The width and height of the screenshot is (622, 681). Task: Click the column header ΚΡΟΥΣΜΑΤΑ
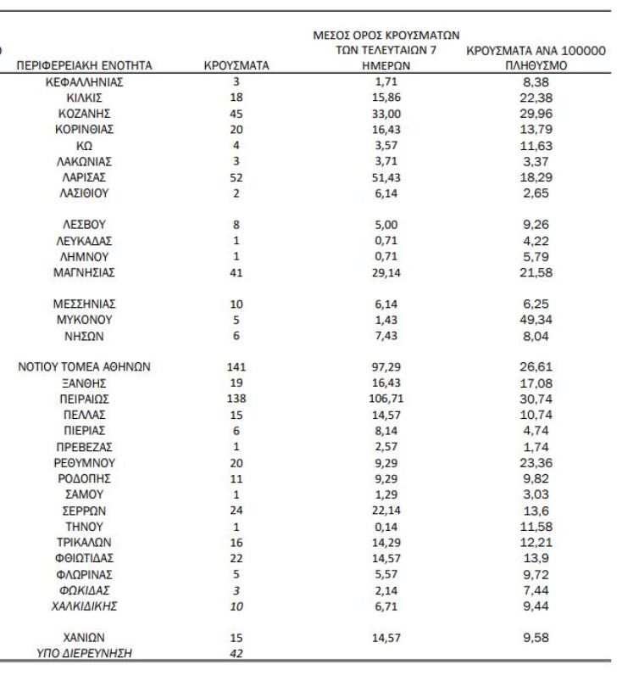click(x=236, y=65)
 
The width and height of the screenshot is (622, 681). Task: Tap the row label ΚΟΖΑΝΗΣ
click(x=85, y=114)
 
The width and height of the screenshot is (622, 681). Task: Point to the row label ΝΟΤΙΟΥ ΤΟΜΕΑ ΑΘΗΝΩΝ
click(x=85, y=367)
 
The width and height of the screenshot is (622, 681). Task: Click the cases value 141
click(x=236, y=367)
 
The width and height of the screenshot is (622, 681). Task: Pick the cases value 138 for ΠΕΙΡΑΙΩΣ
click(x=236, y=399)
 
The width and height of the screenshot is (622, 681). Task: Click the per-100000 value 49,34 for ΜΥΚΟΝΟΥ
click(x=536, y=320)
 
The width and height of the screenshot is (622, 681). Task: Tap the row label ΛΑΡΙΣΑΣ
click(x=85, y=177)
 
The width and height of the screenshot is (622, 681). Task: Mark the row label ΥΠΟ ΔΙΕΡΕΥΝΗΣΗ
click(x=85, y=653)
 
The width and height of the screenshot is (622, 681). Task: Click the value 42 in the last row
click(x=236, y=653)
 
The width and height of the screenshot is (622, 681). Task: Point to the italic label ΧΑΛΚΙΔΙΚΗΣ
click(x=85, y=606)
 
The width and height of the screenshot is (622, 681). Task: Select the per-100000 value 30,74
click(x=536, y=399)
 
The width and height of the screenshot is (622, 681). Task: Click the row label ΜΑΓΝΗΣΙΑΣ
click(x=85, y=272)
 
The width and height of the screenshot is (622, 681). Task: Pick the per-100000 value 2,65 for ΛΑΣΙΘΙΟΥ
click(x=536, y=193)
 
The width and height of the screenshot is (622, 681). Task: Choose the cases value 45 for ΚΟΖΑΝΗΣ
click(x=236, y=114)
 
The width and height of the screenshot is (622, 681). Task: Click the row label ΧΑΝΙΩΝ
click(x=85, y=637)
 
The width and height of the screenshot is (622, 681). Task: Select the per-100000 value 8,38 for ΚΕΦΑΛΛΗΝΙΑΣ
click(x=536, y=82)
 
